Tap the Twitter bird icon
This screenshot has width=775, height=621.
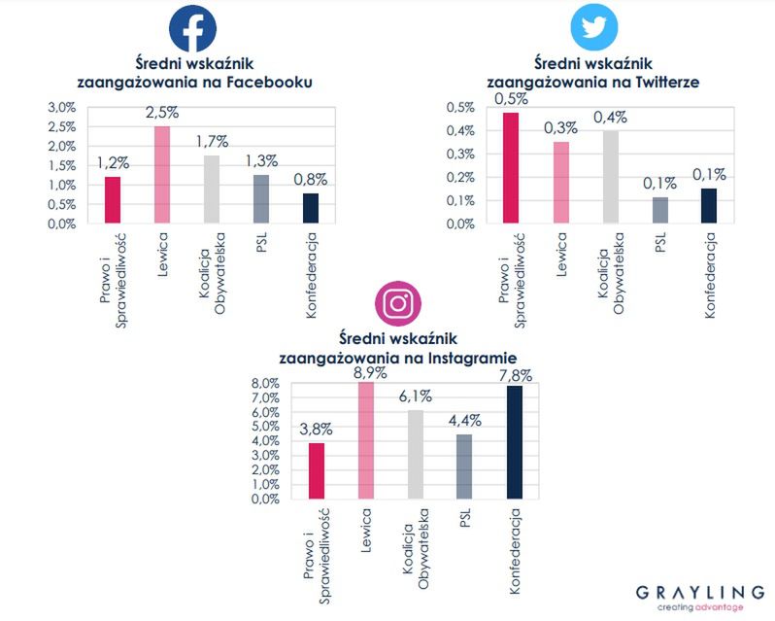(593, 28)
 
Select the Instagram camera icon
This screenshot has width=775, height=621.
(398, 303)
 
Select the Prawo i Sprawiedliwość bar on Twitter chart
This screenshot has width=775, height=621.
(509, 168)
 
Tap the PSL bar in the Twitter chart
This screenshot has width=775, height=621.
(659, 210)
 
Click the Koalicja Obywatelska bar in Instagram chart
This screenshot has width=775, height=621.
(416, 454)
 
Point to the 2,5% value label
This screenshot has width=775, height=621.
(161, 114)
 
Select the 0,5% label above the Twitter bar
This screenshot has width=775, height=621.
(510, 98)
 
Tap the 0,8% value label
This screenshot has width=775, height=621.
(310, 180)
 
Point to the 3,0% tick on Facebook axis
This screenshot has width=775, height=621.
(61, 107)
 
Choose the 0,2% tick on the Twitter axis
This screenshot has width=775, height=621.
(459, 177)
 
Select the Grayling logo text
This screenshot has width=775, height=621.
(699, 590)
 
